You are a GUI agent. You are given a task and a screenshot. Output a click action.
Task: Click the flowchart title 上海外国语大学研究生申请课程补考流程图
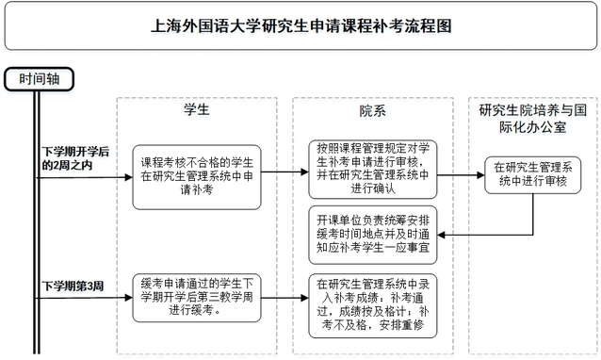point(300,26)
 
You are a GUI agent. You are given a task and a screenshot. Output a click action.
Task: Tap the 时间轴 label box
point(38,79)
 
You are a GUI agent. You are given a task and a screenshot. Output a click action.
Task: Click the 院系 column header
point(372,110)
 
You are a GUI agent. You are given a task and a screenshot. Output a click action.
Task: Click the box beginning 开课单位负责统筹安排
point(372,228)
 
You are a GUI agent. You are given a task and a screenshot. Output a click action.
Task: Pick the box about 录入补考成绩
point(372,302)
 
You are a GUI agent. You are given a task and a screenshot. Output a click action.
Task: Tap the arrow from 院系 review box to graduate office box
point(462,172)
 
